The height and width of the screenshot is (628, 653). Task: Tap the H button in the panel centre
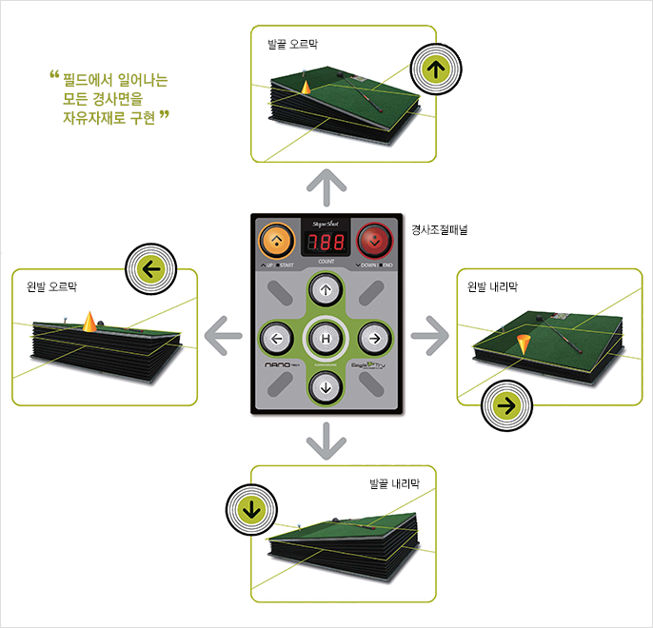(326, 338)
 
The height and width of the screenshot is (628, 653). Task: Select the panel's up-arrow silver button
(326, 290)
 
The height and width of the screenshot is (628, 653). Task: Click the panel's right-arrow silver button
(374, 338)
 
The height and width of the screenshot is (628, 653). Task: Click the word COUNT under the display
(326, 260)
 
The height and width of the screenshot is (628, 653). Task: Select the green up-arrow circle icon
(435, 69)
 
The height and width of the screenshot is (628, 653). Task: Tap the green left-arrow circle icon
(148, 268)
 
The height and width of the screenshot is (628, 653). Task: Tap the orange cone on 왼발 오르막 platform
(89, 321)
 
